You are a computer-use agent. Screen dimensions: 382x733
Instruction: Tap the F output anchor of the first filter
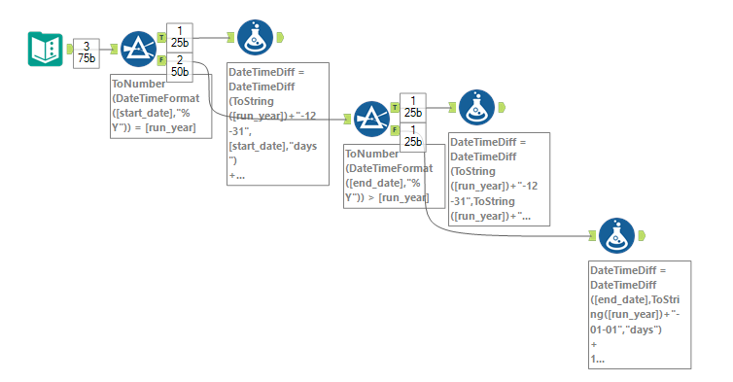point(161,59)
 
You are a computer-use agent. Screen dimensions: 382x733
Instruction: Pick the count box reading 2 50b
point(180,66)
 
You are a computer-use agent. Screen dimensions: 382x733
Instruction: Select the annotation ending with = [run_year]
point(160,107)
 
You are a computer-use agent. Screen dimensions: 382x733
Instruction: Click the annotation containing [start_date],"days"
point(278,123)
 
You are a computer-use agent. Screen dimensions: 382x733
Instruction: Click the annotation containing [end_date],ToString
point(640,314)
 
